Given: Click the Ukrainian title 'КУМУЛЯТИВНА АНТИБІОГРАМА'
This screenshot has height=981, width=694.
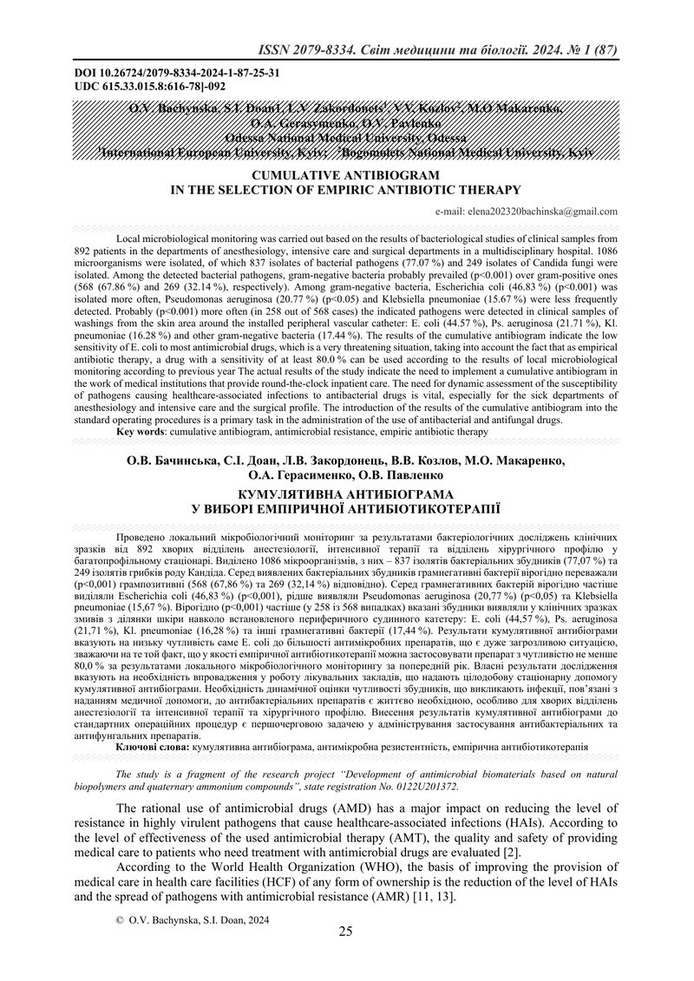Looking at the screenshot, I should (x=346, y=490).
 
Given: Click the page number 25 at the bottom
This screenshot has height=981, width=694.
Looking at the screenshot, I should (x=346, y=932).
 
